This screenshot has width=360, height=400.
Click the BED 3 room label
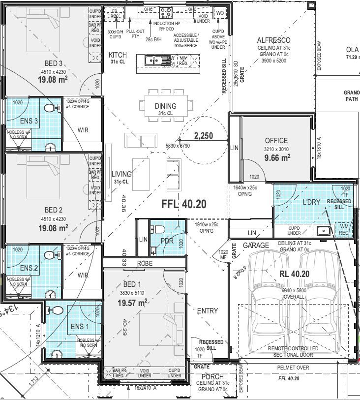point(54,63)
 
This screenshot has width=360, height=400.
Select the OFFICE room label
point(276,141)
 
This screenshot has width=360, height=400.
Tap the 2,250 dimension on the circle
point(203,136)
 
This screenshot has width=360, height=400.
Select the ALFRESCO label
point(274,40)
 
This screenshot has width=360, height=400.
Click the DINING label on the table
point(165,106)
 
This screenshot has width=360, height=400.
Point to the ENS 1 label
point(80,327)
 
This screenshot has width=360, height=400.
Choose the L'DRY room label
point(311,202)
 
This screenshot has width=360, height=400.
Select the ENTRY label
point(207,311)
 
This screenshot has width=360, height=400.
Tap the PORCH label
point(212,377)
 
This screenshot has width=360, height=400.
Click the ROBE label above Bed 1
point(145,263)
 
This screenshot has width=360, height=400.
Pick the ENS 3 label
point(30,121)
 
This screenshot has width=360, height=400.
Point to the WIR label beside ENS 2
point(83,276)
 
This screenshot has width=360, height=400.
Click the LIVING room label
point(121,174)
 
